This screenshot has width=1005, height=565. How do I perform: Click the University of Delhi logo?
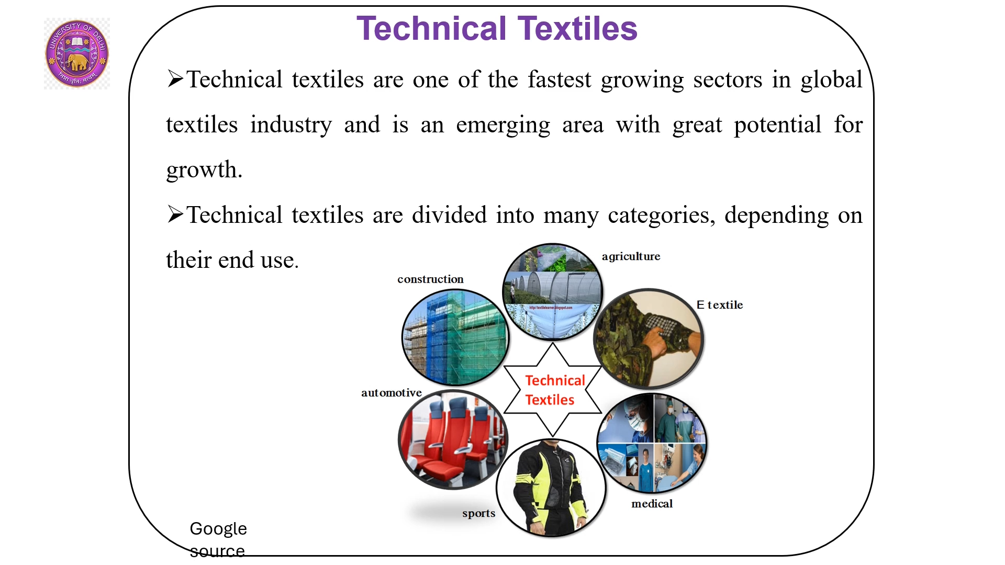click(x=77, y=53)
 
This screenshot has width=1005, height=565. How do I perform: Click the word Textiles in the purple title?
click(x=577, y=28)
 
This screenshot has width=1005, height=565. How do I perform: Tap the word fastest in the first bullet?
click(x=559, y=80)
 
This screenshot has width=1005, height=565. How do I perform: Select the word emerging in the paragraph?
click(x=502, y=126)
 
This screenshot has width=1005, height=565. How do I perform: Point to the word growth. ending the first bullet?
click(x=204, y=170)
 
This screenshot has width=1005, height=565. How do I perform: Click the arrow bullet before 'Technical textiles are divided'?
click(x=175, y=214)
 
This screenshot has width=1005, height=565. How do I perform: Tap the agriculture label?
click(x=631, y=256)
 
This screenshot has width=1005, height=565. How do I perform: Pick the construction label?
click(x=430, y=279)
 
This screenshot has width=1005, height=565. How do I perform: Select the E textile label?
click(x=720, y=305)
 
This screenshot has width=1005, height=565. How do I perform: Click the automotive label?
click(x=391, y=393)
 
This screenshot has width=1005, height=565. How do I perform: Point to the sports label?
click(x=478, y=514)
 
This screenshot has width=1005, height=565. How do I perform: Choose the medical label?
click(x=652, y=504)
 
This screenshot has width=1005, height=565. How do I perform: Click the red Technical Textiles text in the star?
click(x=553, y=390)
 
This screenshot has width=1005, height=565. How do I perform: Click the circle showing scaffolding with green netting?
click(x=455, y=338)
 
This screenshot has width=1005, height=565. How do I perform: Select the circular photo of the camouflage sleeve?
click(x=649, y=339)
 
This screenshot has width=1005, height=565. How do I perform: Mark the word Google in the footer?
click(x=218, y=529)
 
